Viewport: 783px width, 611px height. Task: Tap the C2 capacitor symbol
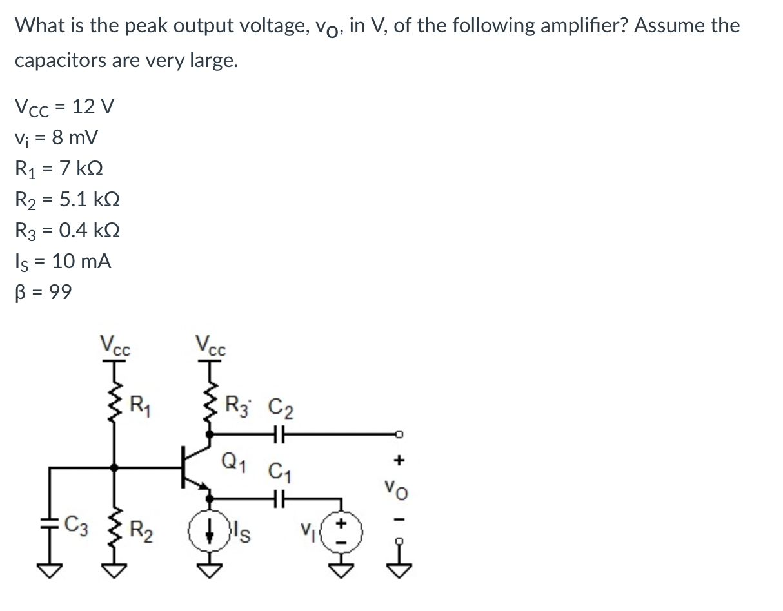point(281,436)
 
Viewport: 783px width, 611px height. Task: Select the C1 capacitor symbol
point(281,498)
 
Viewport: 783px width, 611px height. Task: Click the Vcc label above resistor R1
point(115,344)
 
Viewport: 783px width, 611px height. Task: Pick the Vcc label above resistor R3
point(210,344)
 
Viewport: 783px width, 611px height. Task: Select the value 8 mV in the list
point(75,137)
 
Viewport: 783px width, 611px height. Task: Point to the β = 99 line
point(43,292)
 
